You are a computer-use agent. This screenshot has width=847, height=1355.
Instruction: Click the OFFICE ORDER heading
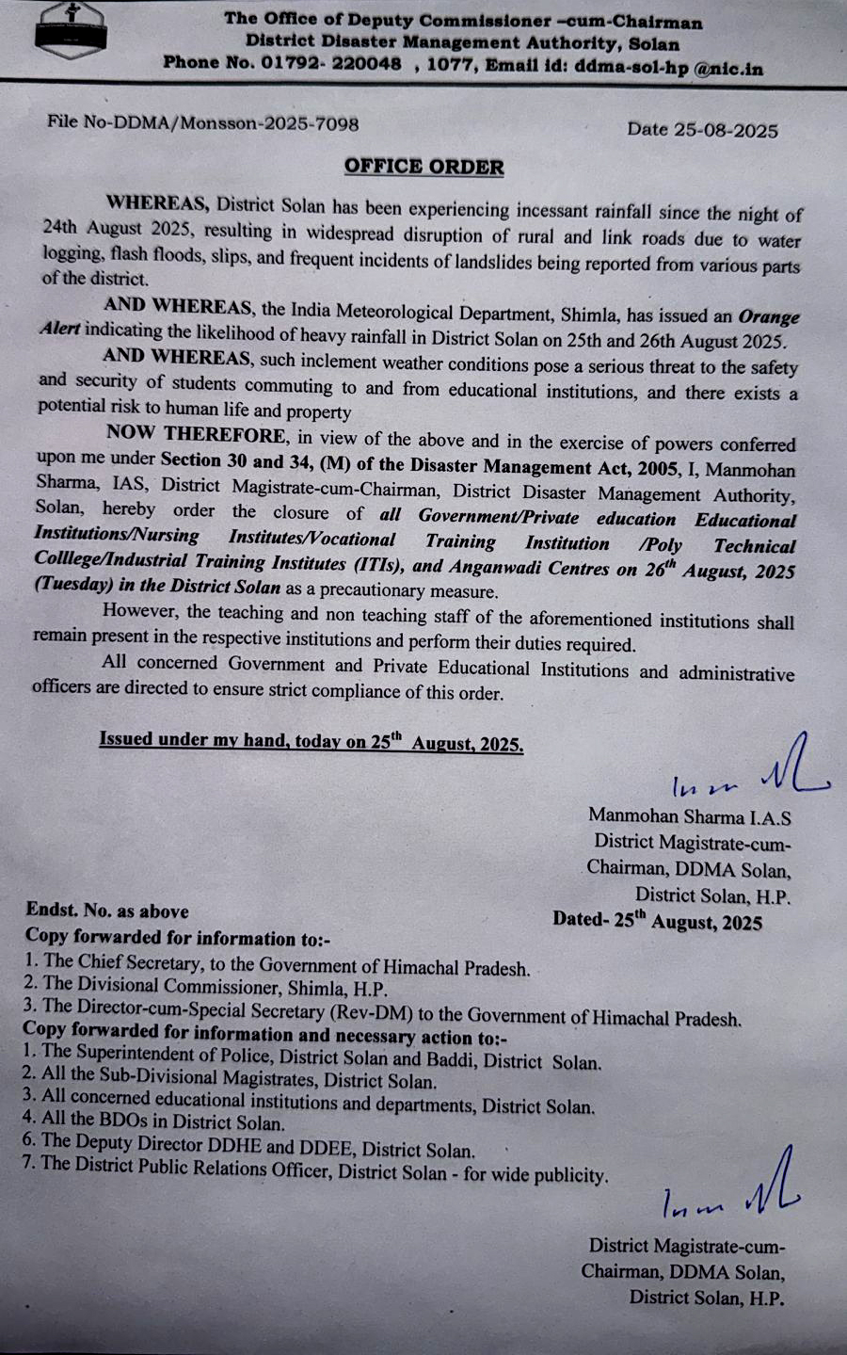point(423,167)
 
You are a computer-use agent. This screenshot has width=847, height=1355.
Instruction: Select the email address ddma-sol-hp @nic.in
point(668,68)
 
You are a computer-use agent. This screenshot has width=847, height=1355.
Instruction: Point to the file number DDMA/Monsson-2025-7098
point(235,123)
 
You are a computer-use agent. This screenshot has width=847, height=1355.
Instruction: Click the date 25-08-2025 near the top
point(726,130)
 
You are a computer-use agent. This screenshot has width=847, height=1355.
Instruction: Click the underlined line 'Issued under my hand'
point(311,741)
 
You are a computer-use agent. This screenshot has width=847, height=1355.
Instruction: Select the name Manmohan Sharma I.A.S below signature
point(689,816)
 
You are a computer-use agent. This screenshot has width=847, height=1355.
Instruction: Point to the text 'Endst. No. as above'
point(107,911)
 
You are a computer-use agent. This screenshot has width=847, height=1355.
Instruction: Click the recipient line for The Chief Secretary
point(277,964)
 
